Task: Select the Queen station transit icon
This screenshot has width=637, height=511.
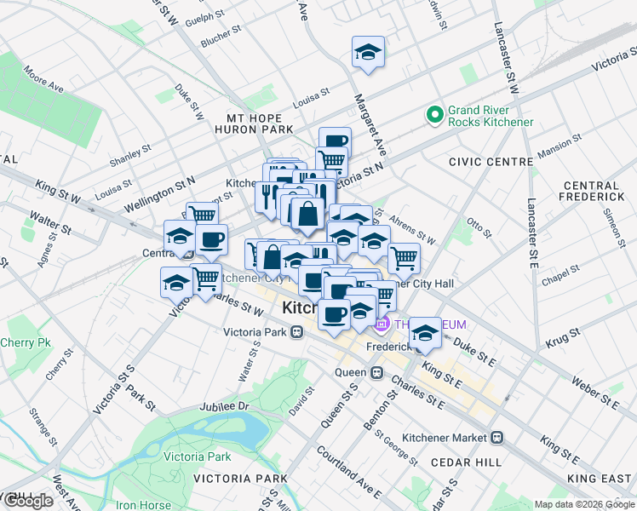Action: point(376,373)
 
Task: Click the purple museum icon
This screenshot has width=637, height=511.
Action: point(382,324)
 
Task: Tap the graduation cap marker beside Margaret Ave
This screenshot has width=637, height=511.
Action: point(369,53)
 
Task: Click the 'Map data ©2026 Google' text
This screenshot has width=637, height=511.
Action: point(584,504)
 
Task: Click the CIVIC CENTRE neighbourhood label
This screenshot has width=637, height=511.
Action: point(482,161)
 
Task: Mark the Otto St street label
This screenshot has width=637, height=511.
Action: point(479,228)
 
